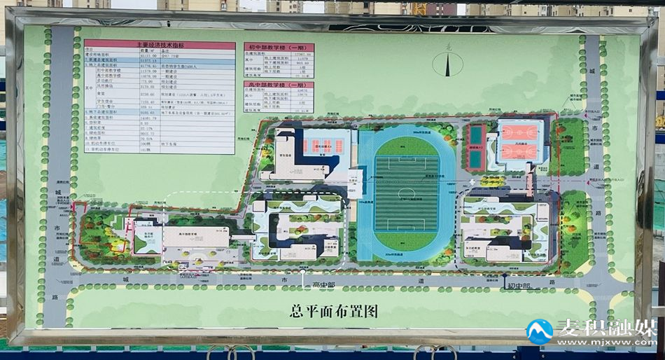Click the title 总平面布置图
coord(333,311)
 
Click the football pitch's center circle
coord(401,193)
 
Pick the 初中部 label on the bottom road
coord(519,285)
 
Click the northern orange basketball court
coord(519,131)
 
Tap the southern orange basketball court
coord(519,151)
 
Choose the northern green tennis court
coord(476,134)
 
